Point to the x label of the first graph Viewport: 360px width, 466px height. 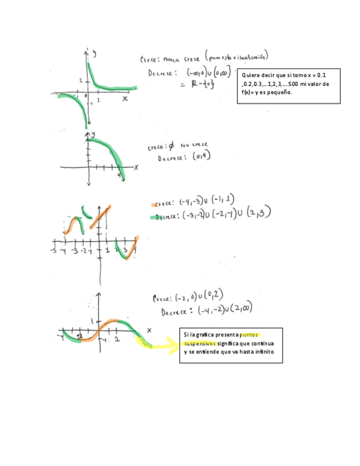(125, 98)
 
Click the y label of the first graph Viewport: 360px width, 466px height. (94, 53)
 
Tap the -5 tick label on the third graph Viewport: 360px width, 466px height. (53, 251)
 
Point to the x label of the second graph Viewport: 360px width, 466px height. (136, 167)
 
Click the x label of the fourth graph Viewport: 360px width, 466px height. (148, 330)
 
